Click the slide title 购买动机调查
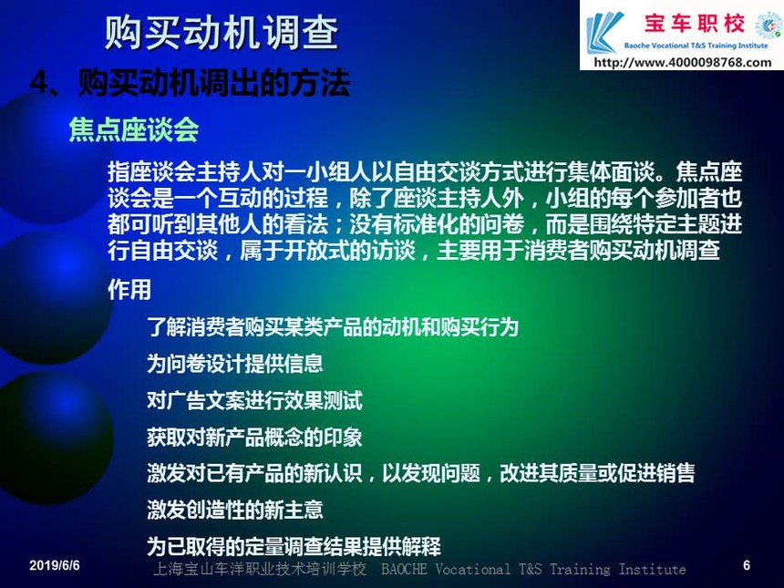222,33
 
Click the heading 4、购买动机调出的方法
190,82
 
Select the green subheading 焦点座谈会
134,129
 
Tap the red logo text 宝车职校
695,24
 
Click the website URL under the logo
683,63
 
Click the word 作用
129,290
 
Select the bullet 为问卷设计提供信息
235,364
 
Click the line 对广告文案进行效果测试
254,400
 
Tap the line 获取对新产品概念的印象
254,437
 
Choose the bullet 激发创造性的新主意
235,510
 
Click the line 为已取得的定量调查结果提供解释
294,546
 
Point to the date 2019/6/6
55,565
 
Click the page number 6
747,565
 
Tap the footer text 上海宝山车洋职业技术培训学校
260,570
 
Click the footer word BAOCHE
404,570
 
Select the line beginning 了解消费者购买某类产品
333,327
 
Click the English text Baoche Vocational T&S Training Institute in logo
696,46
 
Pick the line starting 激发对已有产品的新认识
421,473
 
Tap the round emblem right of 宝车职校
769,25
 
